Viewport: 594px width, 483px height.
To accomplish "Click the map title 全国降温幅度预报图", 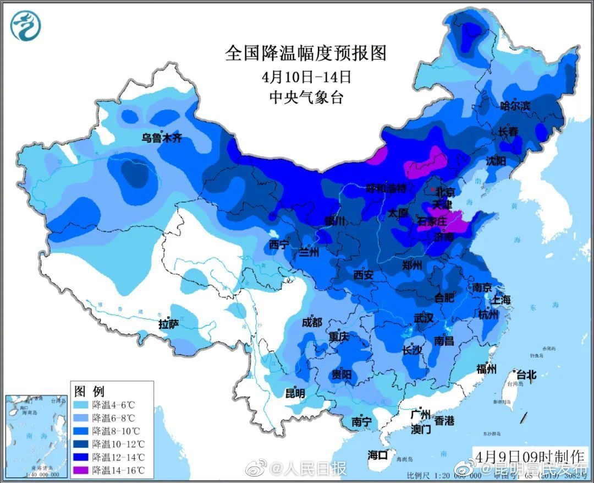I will (x=306, y=53).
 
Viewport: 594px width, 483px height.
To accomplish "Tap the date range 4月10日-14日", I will (x=306, y=75).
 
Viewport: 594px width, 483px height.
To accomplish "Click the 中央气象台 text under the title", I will (x=306, y=97).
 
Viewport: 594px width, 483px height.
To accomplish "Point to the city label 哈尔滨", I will (x=515, y=105).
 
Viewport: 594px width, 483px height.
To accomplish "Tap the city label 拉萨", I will (x=169, y=324).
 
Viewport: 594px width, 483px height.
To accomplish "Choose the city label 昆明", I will (x=295, y=393).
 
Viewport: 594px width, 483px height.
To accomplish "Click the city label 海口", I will (x=378, y=455).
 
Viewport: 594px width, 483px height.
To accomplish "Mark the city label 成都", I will (x=312, y=323).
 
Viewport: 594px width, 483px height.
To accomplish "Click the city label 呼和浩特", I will (x=386, y=188).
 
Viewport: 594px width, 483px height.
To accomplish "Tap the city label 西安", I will (x=364, y=274).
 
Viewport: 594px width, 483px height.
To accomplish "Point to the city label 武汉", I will (x=424, y=318).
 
